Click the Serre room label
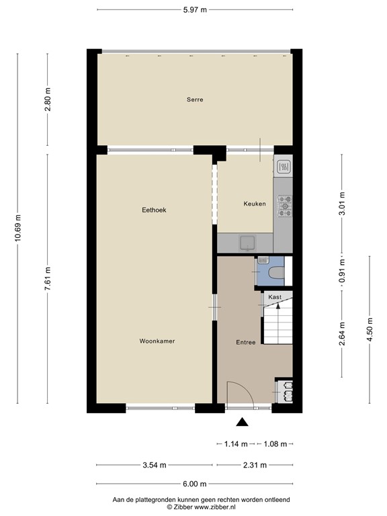195,99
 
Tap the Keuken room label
254,204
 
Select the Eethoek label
154,210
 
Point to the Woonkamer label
157,341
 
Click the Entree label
245,343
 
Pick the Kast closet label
275,296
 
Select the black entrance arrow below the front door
242,422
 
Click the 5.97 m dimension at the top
195,9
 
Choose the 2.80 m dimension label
47,99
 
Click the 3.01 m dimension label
342,204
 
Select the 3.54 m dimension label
154,465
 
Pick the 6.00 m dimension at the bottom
194,484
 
